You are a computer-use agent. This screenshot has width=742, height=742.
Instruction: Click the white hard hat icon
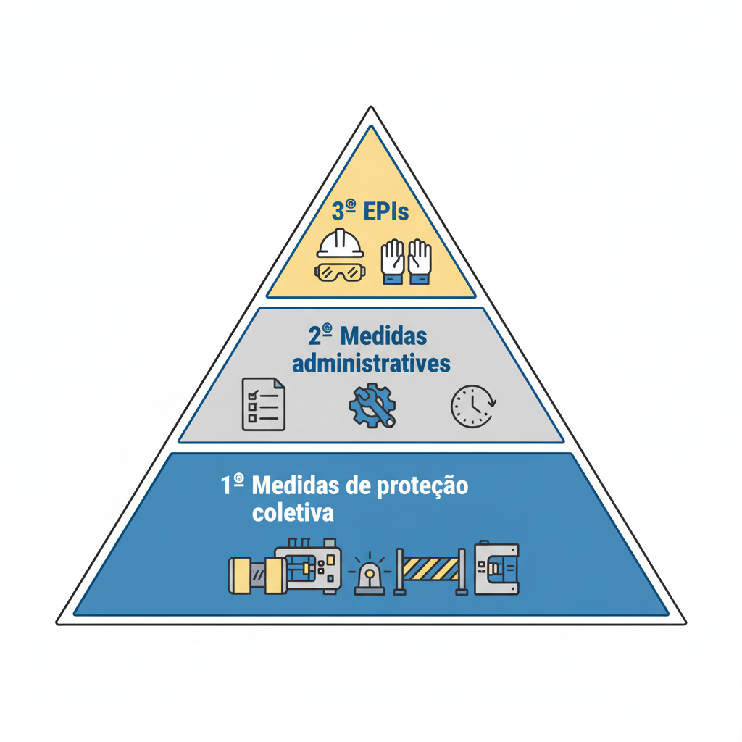click(341, 243)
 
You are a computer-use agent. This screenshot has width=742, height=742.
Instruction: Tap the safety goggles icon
click(341, 272)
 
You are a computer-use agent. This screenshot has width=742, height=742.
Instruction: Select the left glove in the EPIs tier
click(393, 262)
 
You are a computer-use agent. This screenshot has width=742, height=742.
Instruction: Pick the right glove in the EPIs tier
click(420, 262)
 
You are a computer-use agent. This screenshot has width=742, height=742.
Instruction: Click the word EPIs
click(386, 211)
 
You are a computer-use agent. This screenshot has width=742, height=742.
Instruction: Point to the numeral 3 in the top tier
click(338, 212)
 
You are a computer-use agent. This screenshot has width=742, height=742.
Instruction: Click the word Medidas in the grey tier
click(383, 336)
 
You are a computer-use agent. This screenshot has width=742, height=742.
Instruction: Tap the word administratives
click(371, 364)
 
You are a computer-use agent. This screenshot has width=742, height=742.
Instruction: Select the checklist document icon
click(264, 404)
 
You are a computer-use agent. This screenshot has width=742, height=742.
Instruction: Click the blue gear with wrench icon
click(372, 406)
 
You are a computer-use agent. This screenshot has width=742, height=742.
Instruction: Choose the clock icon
click(473, 407)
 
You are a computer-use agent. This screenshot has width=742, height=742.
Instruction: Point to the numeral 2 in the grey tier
click(314, 336)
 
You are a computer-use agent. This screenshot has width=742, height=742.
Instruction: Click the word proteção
click(422, 487)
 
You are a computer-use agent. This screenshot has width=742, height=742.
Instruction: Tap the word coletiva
click(293, 513)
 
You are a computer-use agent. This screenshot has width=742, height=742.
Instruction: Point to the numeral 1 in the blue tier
click(226, 485)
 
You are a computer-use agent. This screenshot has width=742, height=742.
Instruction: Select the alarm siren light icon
click(370, 573)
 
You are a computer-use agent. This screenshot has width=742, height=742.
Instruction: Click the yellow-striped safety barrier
click(430, 571)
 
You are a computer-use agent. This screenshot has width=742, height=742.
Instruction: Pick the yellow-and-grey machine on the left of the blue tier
click(285, 567)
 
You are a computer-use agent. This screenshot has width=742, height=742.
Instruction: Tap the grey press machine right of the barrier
click(497, 567)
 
